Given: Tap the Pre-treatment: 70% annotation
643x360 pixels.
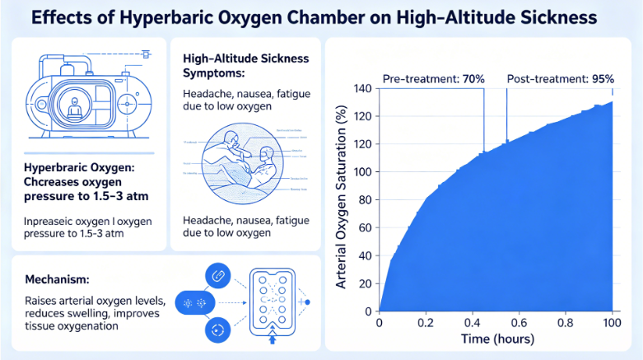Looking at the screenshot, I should click(x=434, y=78).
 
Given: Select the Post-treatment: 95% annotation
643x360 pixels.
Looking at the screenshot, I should click(x=560, y=78).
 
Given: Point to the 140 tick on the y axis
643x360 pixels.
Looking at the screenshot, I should click(x=362, y=88).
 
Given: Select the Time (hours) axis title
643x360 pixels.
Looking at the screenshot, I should click(x=496, y=339).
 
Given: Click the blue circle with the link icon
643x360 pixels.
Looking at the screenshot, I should click(x=219, y=276).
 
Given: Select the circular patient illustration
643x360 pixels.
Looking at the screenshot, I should click(x=245, y=161).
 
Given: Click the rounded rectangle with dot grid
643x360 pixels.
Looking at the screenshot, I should click(x=273, y=303).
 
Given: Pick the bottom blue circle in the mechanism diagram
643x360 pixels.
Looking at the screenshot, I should click(x=219, y=330).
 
